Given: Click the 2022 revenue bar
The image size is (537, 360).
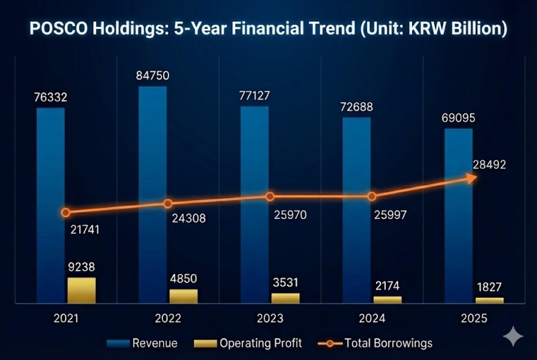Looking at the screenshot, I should (x=152, y=188).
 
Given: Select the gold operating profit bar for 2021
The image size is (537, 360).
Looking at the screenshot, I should (x=81, y=289).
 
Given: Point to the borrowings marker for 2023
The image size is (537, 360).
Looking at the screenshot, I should (x=270, y=197).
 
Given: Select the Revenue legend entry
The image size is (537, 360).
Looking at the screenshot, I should (x=142, y=343).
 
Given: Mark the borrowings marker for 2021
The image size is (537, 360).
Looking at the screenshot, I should (x=66, y=213).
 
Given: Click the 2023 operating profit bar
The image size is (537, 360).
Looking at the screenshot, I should (x=285, y=298).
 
